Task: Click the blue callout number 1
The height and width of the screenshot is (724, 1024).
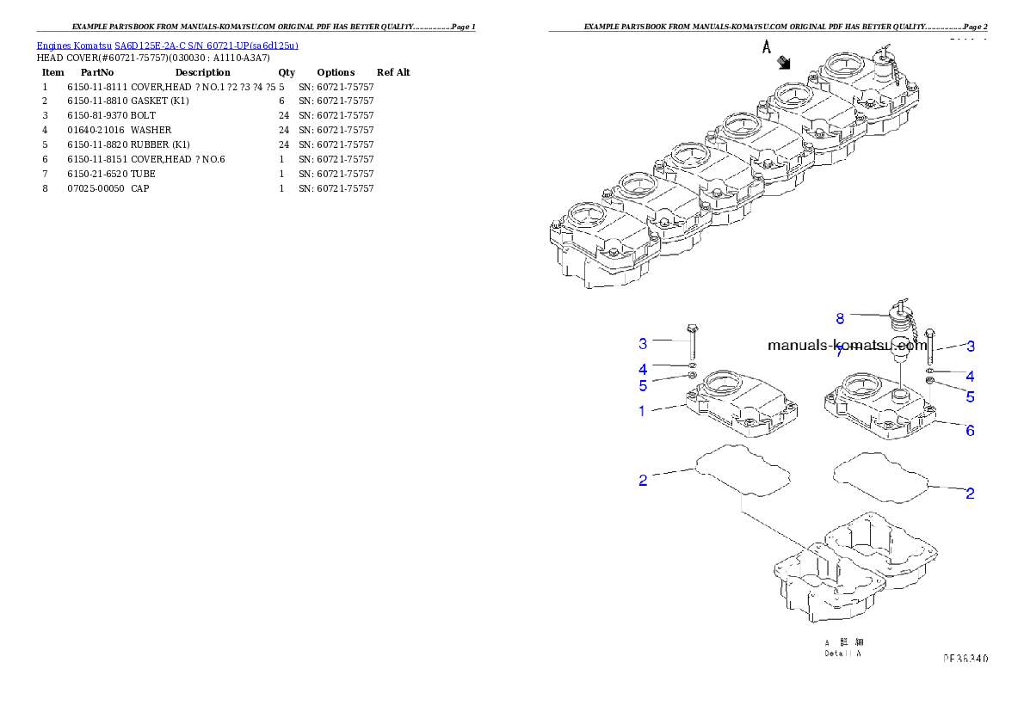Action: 641,411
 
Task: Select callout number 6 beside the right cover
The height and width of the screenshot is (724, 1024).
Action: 970,430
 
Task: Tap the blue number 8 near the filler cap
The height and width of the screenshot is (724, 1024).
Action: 840,318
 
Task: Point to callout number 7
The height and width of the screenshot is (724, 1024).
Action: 840,352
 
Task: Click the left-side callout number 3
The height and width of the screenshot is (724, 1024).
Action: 643,344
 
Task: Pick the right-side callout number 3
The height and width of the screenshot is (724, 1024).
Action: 971,347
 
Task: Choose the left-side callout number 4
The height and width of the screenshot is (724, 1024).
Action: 643,369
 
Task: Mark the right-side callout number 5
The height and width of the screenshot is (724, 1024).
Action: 970,397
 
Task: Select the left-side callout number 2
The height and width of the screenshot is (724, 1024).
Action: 643,481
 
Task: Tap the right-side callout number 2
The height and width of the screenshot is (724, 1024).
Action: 970,494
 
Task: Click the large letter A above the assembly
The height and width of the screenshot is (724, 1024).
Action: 765,48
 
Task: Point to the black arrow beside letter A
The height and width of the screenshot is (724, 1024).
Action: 784,61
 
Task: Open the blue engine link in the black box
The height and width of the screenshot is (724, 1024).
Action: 167,46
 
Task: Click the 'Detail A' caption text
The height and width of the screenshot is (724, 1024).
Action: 842,653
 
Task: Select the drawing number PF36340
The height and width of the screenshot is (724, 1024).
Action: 965,659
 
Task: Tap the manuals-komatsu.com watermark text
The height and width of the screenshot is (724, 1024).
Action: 847,346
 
